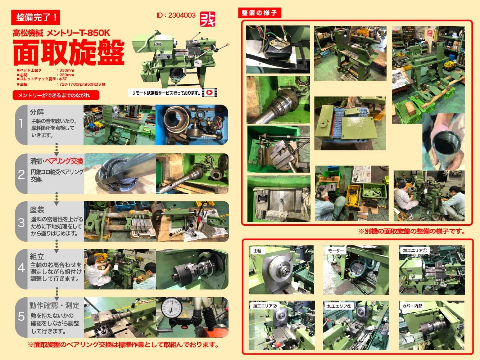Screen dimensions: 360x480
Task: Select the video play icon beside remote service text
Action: click(x=209, y=93)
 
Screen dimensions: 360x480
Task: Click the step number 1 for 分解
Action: click(x=21, y=124)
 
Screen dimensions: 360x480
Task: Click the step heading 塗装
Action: click(x=37, y=209)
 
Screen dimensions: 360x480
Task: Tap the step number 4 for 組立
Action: click(x=21, y=268)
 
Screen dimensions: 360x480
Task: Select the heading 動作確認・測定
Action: click(x=55, y=305)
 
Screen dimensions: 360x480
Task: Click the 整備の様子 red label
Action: click(x=259, y=13)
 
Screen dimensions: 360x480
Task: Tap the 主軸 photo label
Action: click(x=258, y=251)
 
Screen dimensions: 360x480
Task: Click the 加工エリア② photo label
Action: click(x=264, y=306)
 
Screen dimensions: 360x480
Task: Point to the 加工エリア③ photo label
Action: click(x=340, y=306)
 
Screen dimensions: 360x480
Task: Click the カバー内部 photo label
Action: click(x=412, y=306)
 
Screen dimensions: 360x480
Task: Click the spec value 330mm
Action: click(x=67, y=71)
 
